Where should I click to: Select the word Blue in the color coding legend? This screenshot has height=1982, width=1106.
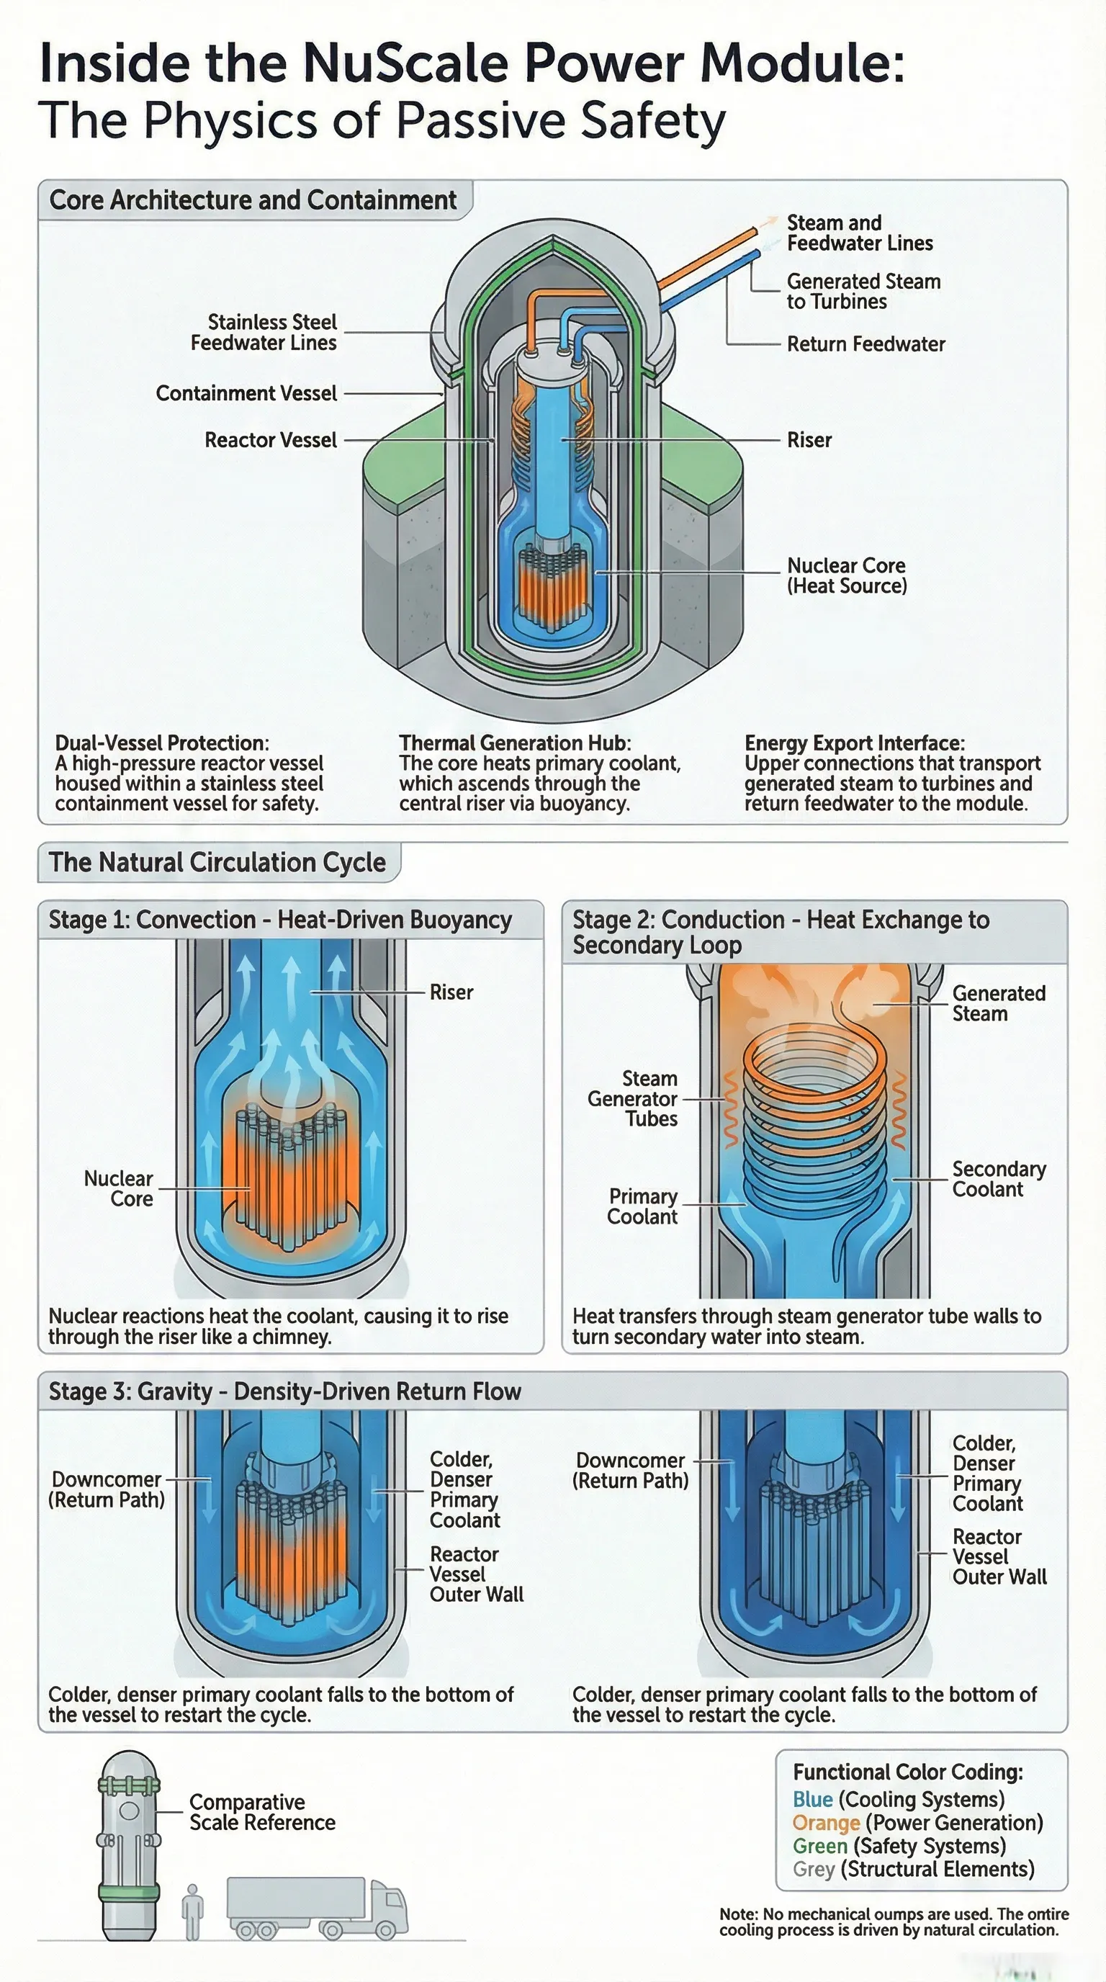[812, 1800]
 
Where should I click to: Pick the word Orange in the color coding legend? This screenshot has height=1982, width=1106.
[825, 1823]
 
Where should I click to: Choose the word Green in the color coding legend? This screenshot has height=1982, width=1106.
[820, 1846]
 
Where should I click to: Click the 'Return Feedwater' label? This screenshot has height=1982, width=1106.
[866, 344]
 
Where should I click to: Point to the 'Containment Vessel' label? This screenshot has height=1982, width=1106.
[246, 393]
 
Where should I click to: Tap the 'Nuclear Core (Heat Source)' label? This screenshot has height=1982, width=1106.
[846, 575]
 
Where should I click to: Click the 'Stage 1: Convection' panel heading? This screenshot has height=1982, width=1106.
[280, 920]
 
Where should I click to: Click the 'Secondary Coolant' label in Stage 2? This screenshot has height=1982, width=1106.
[998, 1179]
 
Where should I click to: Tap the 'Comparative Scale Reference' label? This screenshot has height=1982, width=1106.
[261, 1812]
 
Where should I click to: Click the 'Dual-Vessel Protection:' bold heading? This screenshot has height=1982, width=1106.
[161, 743]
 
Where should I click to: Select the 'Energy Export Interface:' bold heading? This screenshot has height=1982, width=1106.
[854, 743]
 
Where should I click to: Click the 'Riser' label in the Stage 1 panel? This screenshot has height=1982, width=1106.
[451, 992]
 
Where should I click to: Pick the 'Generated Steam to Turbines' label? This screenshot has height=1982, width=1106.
[863, 292]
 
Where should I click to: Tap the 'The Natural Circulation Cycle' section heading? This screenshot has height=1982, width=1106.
[217, 862]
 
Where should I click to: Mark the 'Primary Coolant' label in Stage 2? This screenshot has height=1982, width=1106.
[642, 1206]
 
